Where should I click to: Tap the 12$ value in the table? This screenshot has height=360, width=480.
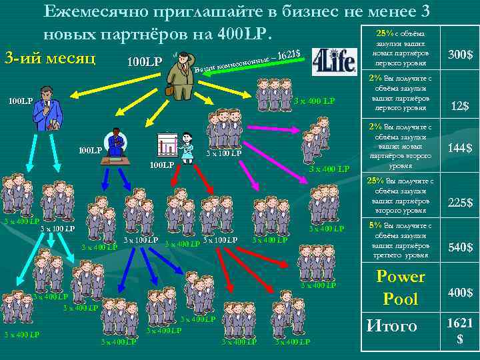(x=459, y=106)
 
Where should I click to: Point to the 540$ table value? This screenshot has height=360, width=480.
(x=459, y=247)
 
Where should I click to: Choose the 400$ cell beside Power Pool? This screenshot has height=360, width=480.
(x=459, y=293)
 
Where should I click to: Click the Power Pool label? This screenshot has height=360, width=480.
(x=400, y=287)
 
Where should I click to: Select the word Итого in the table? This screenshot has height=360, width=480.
(x=392, y=326)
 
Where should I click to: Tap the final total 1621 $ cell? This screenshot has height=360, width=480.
(x=459, y=331)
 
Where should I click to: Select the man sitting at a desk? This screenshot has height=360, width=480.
(x=119, y=145)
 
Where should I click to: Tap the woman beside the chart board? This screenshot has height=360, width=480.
(x=187, y=145)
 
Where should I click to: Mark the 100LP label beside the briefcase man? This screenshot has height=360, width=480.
(x=144, y=62)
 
